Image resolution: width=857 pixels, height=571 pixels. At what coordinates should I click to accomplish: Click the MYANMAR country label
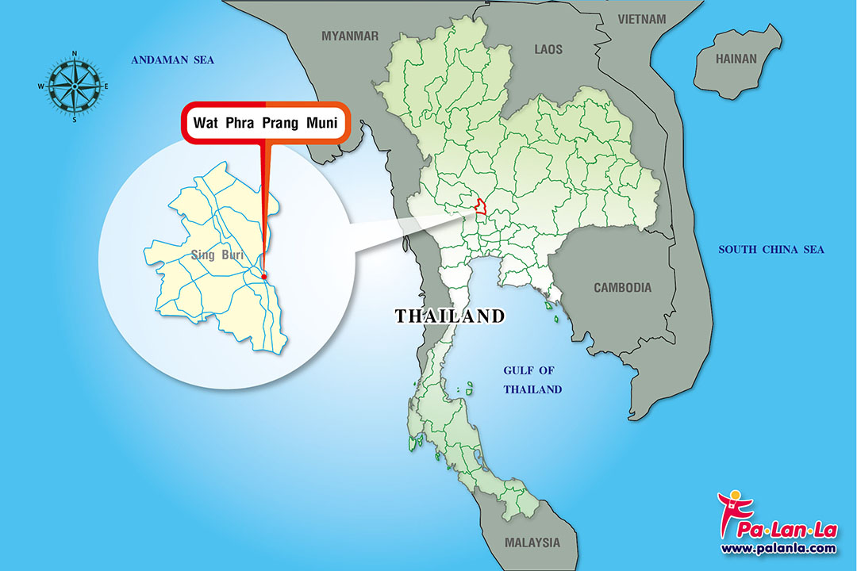tap(350, 36)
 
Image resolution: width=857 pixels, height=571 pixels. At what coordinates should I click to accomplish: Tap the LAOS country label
tap(548, 49)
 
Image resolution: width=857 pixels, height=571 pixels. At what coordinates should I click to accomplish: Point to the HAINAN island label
tap(736, 59)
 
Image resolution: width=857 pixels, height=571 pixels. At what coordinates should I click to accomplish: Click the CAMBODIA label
tap(622, 288)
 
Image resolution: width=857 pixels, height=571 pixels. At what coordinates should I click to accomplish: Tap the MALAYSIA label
tap(532, 543)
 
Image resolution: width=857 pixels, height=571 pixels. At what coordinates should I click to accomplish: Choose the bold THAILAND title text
tap(450, 316)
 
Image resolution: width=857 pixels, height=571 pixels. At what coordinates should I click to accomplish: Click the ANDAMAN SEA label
tap(173, 60)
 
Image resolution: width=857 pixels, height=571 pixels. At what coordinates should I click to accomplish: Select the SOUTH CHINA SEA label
tap(771, 250)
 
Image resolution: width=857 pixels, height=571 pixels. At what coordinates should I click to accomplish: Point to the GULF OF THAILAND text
tap(532, 380)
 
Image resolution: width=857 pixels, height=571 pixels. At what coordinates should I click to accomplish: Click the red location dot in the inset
tap(264, 276)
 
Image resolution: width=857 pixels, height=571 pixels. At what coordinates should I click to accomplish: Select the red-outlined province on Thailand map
tap(480, 205)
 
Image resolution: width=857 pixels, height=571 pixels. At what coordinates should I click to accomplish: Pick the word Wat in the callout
tap(206, 124)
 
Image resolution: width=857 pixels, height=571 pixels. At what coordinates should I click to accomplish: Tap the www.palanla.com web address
tap(778, 548)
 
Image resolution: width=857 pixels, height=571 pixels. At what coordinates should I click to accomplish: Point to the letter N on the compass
tap(74, 54)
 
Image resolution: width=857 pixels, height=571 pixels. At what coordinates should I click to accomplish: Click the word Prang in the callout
tap(278, 124)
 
